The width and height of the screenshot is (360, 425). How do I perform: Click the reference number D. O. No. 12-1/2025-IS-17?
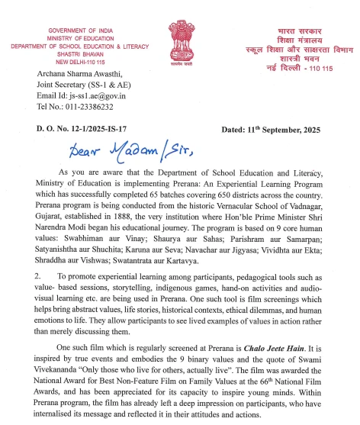76,130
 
